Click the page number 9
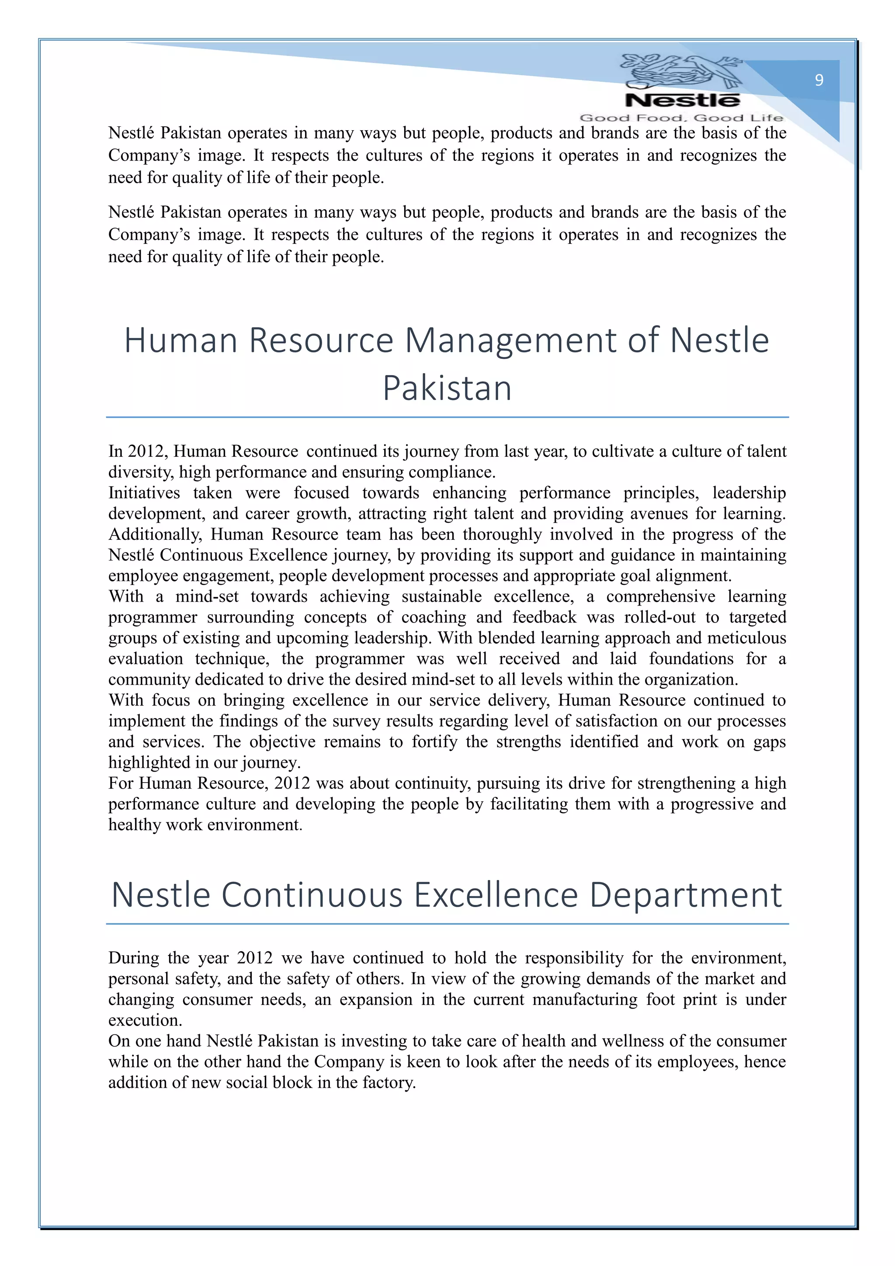[x=819, y=80]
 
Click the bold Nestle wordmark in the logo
[x=682, y=101]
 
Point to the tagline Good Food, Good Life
[x=681, y=118]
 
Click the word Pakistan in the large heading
[x=447, y=388]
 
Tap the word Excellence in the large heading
[x=496, y=894]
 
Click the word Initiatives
[x=144, y=492]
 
